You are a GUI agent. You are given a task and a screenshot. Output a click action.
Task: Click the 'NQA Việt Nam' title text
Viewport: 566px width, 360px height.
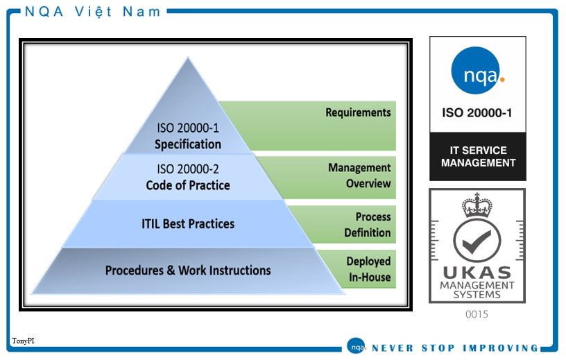click(92, 12)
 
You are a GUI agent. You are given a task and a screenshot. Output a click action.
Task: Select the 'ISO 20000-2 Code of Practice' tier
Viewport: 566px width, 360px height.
click(188, 177)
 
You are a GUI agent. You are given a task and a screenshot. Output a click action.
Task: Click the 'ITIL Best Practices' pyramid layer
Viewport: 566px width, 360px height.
click(188, 224)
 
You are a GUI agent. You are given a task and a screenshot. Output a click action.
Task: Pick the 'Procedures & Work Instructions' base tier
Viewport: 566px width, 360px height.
click(188, 271)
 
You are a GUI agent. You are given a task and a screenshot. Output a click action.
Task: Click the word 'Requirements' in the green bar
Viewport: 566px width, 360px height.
click(358, 112)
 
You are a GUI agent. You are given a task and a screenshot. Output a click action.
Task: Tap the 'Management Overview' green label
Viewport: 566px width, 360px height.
click(359, 175)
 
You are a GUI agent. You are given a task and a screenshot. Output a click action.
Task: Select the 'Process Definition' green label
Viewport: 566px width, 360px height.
click(368, 225)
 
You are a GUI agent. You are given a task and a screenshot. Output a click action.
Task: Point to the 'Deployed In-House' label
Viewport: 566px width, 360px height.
click(368, 269)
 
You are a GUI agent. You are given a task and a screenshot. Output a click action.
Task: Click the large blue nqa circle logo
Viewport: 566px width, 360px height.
click(475, 71)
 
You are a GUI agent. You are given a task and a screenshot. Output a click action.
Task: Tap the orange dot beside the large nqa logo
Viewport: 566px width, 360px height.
click(502, 79)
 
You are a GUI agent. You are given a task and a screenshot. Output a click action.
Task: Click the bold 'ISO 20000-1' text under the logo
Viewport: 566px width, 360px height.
click(477, 113)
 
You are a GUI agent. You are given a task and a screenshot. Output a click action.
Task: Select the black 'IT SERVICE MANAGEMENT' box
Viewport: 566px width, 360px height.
click(477, 156)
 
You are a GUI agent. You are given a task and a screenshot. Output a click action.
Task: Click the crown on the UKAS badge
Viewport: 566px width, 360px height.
click(477, 205)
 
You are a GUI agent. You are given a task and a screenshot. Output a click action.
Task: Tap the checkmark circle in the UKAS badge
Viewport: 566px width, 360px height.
click(477, 241)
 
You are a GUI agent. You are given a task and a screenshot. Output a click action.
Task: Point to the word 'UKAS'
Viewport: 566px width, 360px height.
click(477, 273)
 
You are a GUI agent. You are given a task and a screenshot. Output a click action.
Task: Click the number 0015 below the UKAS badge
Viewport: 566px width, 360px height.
click(477, 314)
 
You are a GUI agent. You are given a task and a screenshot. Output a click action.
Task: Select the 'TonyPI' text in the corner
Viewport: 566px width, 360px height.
click(23, 341)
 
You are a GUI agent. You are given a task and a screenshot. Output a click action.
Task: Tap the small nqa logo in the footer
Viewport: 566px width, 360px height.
click(357, 347)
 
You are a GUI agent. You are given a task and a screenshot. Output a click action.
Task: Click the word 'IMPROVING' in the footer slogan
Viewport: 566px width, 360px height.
click(501, 348)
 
